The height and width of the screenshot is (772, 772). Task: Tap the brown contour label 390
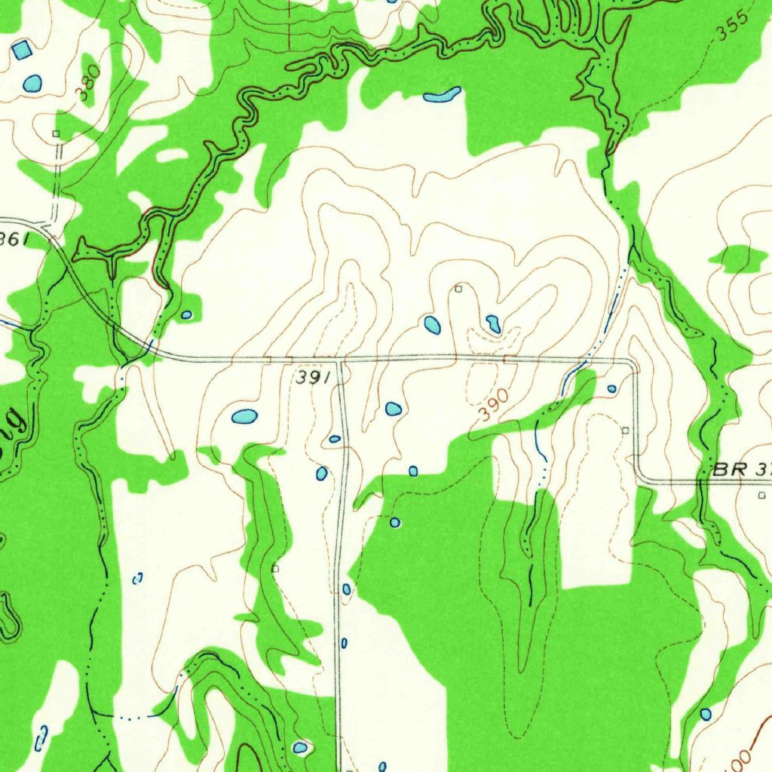pyautogui.click(x=492, y=407)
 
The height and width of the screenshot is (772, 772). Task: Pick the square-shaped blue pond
pyautogui.click(x=22, y=51)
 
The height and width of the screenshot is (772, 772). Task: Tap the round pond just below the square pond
pyautogui.click(x=32, y=83)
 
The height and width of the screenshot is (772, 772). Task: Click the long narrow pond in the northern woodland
pyautogui.click(x=442, y=95)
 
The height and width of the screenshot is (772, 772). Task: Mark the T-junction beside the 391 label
pyautogui.click(x=340, y=361)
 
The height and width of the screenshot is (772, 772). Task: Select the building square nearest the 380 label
pyautogui.click(x=56, y=133)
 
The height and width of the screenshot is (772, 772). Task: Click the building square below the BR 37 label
pyautogui.click(x=761, y=495)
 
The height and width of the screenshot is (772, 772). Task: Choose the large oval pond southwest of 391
pyautogui.click(x=244, y=416)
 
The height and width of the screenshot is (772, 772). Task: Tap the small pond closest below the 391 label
pyautogui.click(x=335, y=439)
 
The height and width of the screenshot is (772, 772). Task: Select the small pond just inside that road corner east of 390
pyautogui.click(x=611, y=389)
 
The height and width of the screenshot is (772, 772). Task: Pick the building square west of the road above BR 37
pyautogui.click(x=625, y=430)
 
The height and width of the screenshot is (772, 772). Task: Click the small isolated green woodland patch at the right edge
pyautogui.click(x=737, y=259)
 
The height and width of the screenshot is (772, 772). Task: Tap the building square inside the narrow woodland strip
pyautogui.click(x=276, y=568)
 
